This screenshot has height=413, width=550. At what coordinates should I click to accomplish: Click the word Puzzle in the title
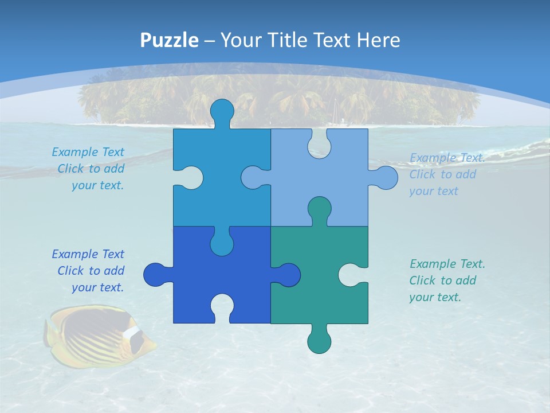tap(169, 40)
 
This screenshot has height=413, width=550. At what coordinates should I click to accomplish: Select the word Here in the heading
tap(378, 40)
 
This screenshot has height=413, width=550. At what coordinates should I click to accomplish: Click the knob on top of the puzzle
tap(222, 110)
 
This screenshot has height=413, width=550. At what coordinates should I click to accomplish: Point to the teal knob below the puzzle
tap(319, 342)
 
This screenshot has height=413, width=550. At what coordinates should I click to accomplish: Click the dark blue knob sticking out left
tap(155, 274)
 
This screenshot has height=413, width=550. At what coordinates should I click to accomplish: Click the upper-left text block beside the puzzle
tap(89, 169)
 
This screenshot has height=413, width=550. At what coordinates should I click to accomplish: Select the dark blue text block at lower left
tap(89, 271)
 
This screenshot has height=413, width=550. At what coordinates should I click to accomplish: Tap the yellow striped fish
tap(97, 336)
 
